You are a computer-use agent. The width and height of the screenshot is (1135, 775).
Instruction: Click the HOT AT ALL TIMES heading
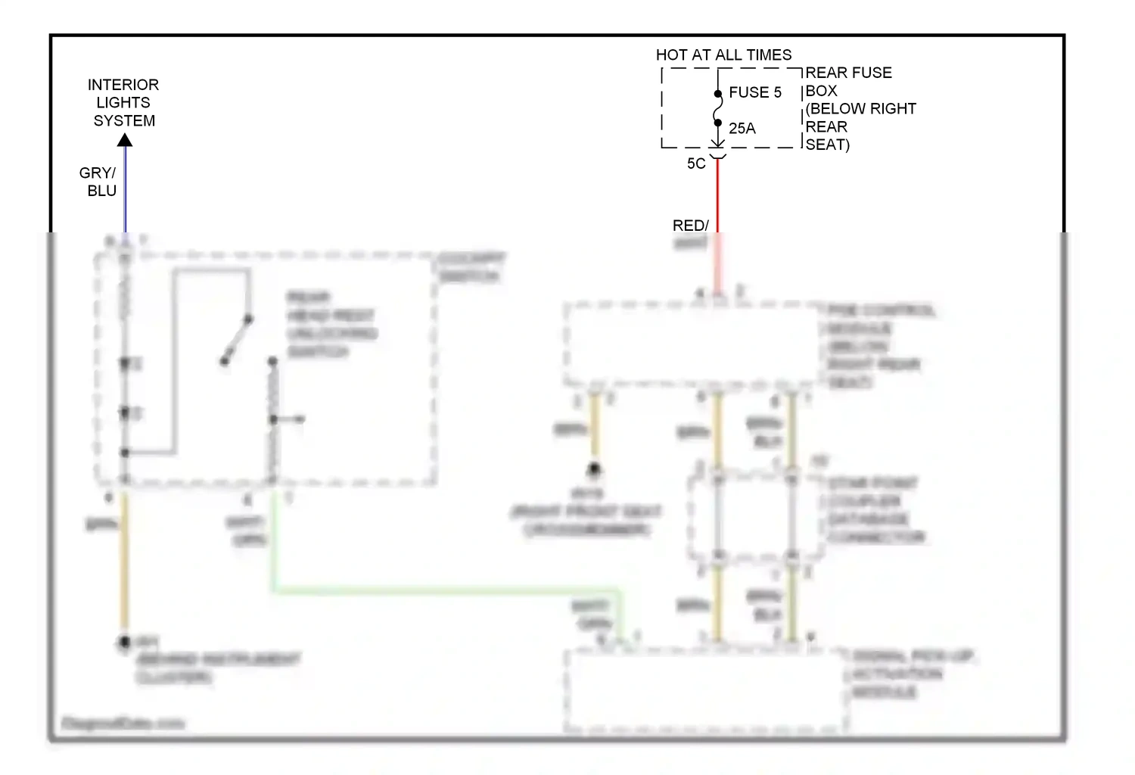tap(723, 54)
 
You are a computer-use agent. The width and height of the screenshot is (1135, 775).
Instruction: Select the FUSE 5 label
tap(754, 92)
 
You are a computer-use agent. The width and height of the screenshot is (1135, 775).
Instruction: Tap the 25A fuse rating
tap(742, 128)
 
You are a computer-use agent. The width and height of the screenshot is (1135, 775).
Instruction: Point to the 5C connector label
tap(696, 163)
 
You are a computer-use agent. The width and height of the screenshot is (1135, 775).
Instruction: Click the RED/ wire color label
tap(690, 226)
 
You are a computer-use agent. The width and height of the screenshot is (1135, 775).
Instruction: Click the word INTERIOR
tap(123, 85)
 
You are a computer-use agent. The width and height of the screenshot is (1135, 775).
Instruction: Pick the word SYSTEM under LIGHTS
tap(124, 121)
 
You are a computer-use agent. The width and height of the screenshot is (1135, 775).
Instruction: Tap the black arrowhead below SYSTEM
tap(125, 140)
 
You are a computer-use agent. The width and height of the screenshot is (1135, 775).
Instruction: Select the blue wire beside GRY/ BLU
tap(126, 189)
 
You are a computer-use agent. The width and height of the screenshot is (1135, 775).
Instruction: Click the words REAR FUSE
tap(848, 73)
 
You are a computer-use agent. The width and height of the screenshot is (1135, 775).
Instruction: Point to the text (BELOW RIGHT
tap(861, 108)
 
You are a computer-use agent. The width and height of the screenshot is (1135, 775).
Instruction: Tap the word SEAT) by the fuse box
tap(827, 145)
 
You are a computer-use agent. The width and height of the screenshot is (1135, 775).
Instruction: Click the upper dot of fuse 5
tap(717, 94)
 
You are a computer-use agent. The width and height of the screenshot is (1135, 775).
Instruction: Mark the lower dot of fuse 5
tap(717, 123)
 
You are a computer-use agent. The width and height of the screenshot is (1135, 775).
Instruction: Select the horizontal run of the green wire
tap(446, 589)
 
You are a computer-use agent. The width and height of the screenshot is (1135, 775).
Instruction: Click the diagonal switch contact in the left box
tap(236, 340)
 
